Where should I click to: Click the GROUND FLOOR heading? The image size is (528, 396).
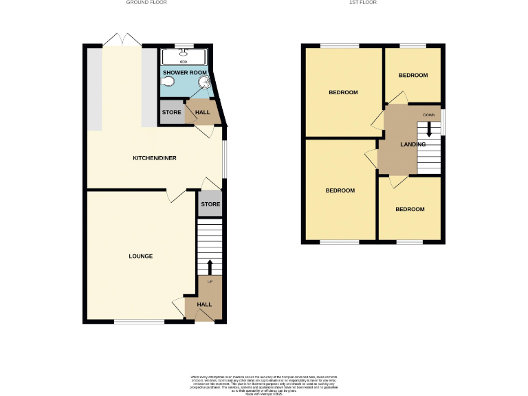point(146,3)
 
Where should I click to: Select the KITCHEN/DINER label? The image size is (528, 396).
point(155,158)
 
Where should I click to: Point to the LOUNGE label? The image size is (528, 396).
point(140,256)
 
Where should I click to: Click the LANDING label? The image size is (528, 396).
point(412,144)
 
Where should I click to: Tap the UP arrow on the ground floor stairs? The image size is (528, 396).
point(210,267)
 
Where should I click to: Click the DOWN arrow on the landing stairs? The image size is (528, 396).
point(429,129)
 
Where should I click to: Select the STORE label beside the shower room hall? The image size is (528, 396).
point(172,112)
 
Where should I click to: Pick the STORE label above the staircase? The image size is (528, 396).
point(210,204)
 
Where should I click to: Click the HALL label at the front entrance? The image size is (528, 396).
point(204,304)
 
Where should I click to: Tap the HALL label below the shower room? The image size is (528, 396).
point(203,112)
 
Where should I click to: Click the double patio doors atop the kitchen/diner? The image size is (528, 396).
point(122,40)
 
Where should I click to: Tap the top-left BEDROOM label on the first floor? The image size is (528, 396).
point(343,92)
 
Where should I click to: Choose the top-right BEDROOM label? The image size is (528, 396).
point(413,75)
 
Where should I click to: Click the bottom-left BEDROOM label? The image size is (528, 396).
point(340,190)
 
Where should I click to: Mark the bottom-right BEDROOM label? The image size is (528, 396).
point(409,209)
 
